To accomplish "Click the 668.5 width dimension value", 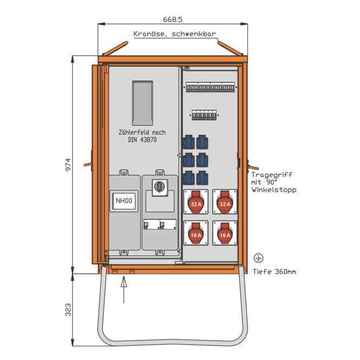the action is point(173,19).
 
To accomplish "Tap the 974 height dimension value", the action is point(68,165).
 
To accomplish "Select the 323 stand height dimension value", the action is point(68,310).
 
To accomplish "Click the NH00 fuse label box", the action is point(124,201).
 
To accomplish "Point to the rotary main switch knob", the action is point(160,186).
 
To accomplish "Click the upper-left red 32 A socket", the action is point(196,202).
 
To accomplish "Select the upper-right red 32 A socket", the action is point(225,202).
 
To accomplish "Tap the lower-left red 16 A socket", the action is point(196,233).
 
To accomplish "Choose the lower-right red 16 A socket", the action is point(225,233).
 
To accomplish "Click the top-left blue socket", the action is point(188,142).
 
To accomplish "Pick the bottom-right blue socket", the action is point(202,178).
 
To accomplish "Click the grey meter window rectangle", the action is point(142,103).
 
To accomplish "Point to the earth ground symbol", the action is point(258,258).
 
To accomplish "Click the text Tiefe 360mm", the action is point(274,272).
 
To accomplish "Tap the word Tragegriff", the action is point(272,175).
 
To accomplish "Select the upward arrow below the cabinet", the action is point(124,290).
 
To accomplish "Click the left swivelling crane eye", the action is point(115,48).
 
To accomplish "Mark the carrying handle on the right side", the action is point(253,166).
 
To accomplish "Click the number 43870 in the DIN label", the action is point(149,140).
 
